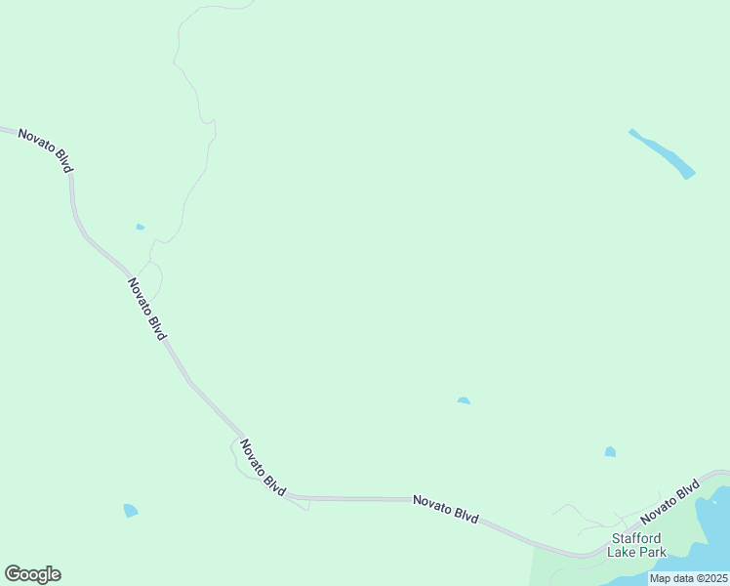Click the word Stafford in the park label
pos(637,538)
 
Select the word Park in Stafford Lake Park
pos(651,552)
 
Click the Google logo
pos(32,574)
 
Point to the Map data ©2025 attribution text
pos(689,578)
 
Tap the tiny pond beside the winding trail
pos(141,228)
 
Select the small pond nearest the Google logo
pos(130,510)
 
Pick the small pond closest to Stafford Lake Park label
pos(610,451)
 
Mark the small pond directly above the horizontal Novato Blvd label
pos(464,400)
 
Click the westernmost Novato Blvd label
pos(45,149)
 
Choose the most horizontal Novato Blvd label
pos(445,509)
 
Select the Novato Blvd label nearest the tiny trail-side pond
pos(146,308)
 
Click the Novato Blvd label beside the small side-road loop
pos(263,468)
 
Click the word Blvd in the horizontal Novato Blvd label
pos(465,514)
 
